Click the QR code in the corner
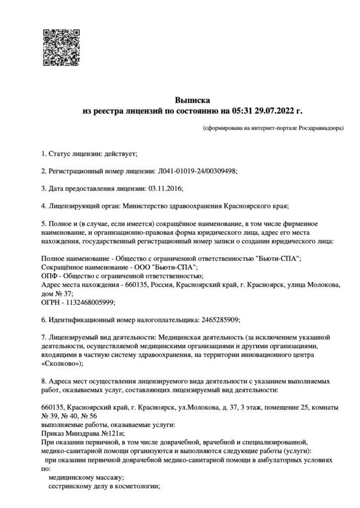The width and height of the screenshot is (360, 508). (62, 48)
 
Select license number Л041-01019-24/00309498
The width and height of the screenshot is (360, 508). (197, 171)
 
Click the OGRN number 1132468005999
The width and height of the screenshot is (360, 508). (92, 302)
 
